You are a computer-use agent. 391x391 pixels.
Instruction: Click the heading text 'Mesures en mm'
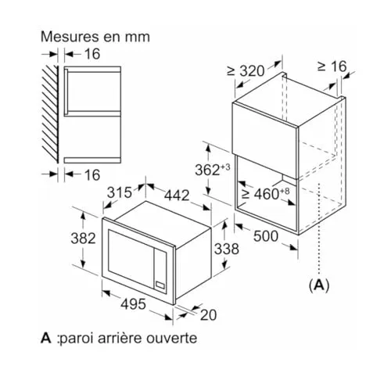click(95, 37)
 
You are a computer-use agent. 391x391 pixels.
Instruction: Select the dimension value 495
click(133, 304)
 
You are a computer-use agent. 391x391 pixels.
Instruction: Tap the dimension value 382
click(84, 239)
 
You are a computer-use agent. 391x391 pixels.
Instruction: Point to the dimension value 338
click(227, 249)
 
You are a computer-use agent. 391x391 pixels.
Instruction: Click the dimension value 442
click(177, 195)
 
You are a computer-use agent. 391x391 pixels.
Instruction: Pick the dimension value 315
click(120, 193)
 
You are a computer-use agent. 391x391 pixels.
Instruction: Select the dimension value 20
click(209, 314)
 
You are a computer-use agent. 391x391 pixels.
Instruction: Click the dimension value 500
click(266, 236)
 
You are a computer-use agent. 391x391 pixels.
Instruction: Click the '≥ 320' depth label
click(246, 70)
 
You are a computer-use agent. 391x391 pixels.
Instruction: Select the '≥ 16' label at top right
click(332, 66)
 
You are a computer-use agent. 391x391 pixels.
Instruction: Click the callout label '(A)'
click(319, 285)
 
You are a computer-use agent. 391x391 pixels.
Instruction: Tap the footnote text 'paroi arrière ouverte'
click(128, 339)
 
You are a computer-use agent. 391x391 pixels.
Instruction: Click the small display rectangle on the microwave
click(160, 285)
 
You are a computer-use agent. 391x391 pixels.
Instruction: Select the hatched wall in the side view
click(50, 114)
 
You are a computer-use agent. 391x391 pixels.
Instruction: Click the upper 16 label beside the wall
click(92, 54)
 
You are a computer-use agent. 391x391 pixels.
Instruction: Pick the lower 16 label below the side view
click(92, 174)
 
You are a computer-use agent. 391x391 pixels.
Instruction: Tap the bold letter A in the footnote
click(46, 338)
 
